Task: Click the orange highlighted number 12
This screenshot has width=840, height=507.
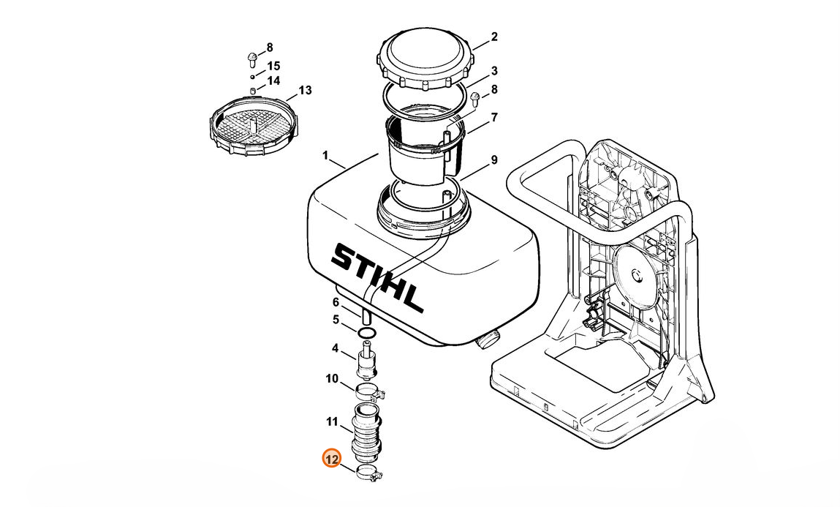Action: (332, 459)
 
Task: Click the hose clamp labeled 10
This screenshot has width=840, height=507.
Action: (370, 392)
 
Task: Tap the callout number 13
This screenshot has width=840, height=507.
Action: (305, 90)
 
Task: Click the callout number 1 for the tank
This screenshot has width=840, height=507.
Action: (325, 155)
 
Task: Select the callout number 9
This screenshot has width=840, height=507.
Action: (494, 159)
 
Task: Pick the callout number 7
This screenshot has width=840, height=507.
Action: (494, 117)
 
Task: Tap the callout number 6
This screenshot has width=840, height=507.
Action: (336, 302)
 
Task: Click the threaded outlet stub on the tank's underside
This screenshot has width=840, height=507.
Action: (488, 339)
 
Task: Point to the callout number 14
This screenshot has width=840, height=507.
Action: (273, 81)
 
